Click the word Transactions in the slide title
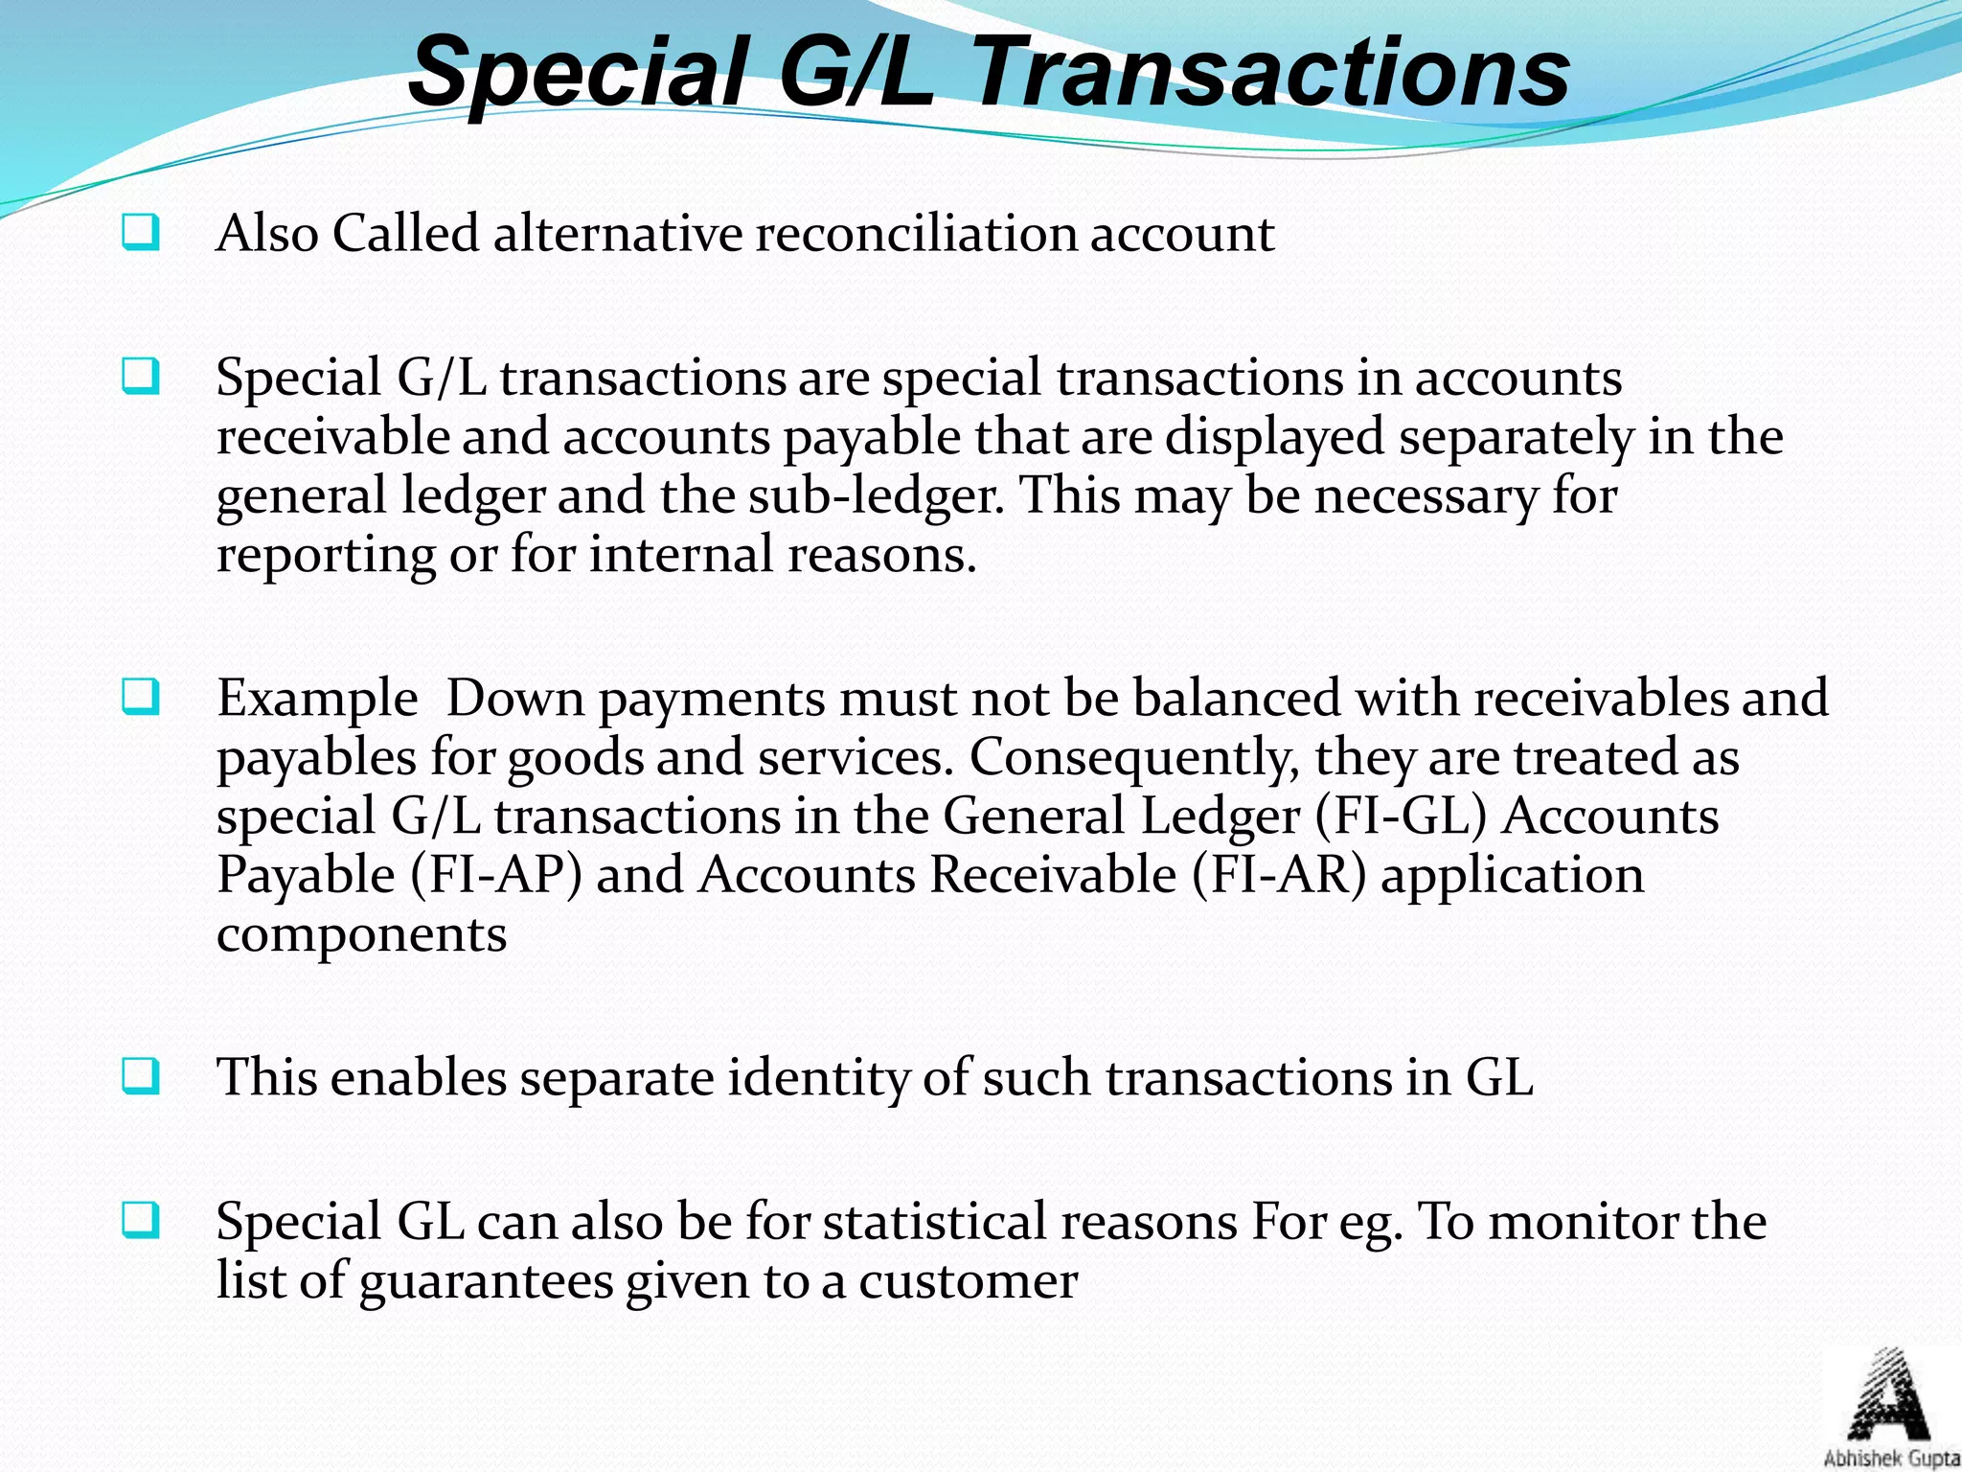(1272, 73)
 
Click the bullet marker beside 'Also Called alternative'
(140, 233)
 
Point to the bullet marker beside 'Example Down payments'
(140, 697)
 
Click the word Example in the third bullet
(317, 698)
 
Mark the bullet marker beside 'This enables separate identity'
(140, 1076)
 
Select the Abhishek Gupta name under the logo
(1891, 1459)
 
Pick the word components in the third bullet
(361, 934)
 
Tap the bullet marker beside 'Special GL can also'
(140, 1221)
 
